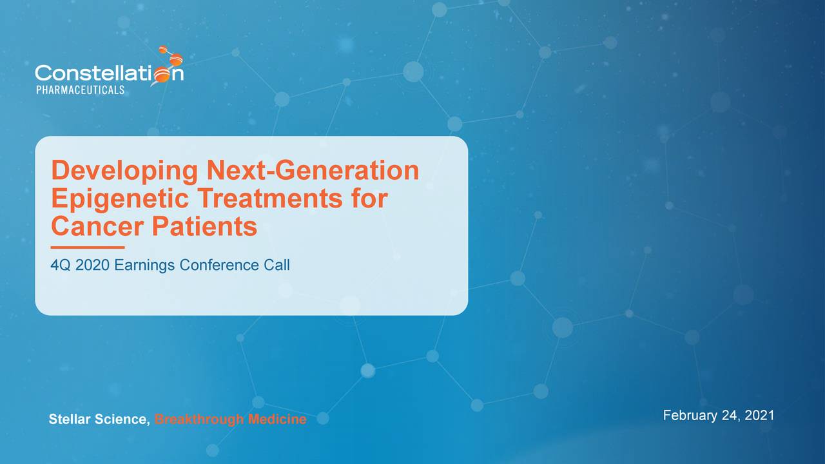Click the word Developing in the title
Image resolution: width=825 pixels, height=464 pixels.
[124, 171]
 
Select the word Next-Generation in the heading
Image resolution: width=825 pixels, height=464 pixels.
[313, 170]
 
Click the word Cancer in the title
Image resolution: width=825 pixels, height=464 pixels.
[97, 226]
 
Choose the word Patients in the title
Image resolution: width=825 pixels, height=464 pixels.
[204, 226]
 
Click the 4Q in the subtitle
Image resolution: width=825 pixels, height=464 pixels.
[61, 265]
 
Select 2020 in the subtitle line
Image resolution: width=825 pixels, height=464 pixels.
[92, 265]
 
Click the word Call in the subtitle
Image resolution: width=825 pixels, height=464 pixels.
[277, 265]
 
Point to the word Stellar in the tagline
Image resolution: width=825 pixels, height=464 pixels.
[70, 419]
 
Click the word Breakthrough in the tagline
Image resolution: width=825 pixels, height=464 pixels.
[199, 420]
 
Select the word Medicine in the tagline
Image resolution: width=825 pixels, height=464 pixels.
[277, 419]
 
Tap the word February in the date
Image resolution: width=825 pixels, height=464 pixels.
[690, 416]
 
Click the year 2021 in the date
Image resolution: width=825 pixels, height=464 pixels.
[759, 416]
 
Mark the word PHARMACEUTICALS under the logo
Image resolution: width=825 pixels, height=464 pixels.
[81, 90]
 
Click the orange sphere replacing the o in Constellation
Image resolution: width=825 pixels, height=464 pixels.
[162, 75]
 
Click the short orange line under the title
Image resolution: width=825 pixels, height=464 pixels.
[88, 247]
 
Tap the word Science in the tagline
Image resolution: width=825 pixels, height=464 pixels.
[122, 420]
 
